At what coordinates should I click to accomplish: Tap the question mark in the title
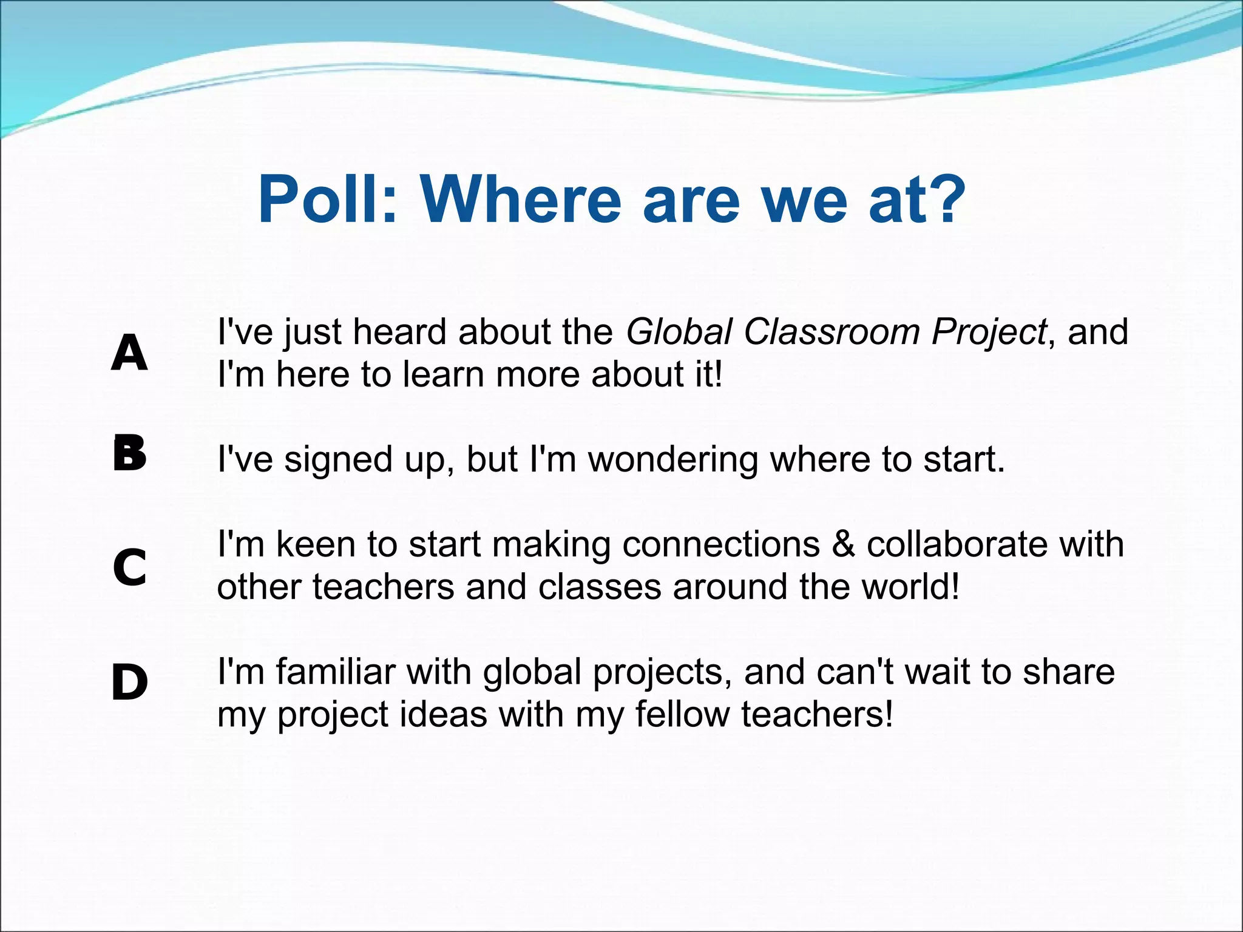[x=943, y=199]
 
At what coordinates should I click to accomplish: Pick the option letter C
[x=130, y=567]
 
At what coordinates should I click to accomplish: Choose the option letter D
[x=129, y=683]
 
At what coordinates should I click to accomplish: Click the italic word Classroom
[x=831, y=332]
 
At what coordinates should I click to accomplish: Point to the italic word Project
[x=989, y=333]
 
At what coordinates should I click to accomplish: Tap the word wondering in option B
[x=673, y=459]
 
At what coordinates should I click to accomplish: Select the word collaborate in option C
[x=957, y=544]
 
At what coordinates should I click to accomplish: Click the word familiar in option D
[x=336, y=672]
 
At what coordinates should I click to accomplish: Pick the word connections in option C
[x=720, y=544]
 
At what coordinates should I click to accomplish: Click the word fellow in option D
[x=682, y=714]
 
